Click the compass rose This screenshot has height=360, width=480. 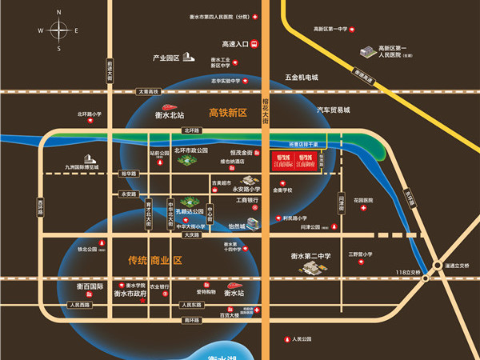point(59,30)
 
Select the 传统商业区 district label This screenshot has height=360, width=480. point(155,261)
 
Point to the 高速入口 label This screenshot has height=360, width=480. point(235,45)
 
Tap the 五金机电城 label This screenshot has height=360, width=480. point(302,78)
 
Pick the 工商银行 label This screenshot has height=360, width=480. point(247,199)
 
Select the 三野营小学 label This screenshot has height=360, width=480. point(362,254)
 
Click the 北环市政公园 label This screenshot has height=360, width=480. point(191,150)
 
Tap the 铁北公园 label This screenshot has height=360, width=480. point(87,249)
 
